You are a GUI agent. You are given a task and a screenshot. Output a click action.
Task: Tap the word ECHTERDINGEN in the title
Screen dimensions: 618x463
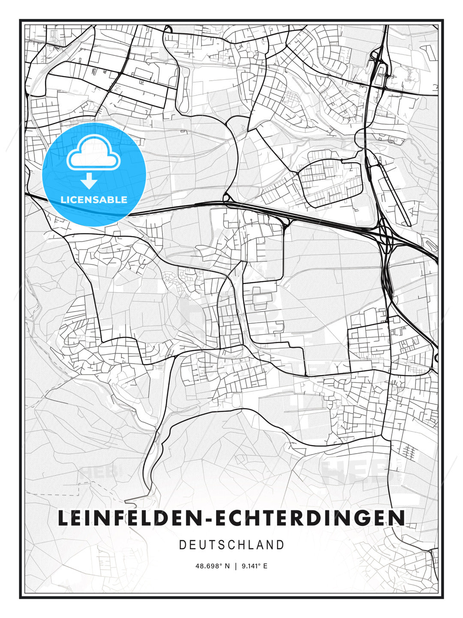(309, 518)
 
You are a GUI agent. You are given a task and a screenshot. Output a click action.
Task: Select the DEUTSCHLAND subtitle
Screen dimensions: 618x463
(231, 545)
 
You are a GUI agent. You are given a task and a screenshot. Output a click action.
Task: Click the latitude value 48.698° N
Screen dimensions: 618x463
(213, 566)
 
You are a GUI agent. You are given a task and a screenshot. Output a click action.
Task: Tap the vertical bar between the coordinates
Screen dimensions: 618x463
(235, 566)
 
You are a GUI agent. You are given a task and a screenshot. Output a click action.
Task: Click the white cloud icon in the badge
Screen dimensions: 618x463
(93, 153)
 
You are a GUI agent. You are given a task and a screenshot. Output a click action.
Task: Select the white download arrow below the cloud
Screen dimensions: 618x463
(89, 181)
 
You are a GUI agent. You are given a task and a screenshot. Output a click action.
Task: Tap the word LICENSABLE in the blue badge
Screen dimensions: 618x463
(94, 200)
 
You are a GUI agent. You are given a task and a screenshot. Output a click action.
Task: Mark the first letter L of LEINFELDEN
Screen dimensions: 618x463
(63, 518)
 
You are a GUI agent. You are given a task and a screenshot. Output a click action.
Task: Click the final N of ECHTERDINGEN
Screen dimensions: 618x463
(398, 518)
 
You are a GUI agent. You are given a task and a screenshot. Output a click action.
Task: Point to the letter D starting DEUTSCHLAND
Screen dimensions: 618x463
(182, 545)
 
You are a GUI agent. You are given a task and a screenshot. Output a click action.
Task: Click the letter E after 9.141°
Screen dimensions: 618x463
(265, 566)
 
